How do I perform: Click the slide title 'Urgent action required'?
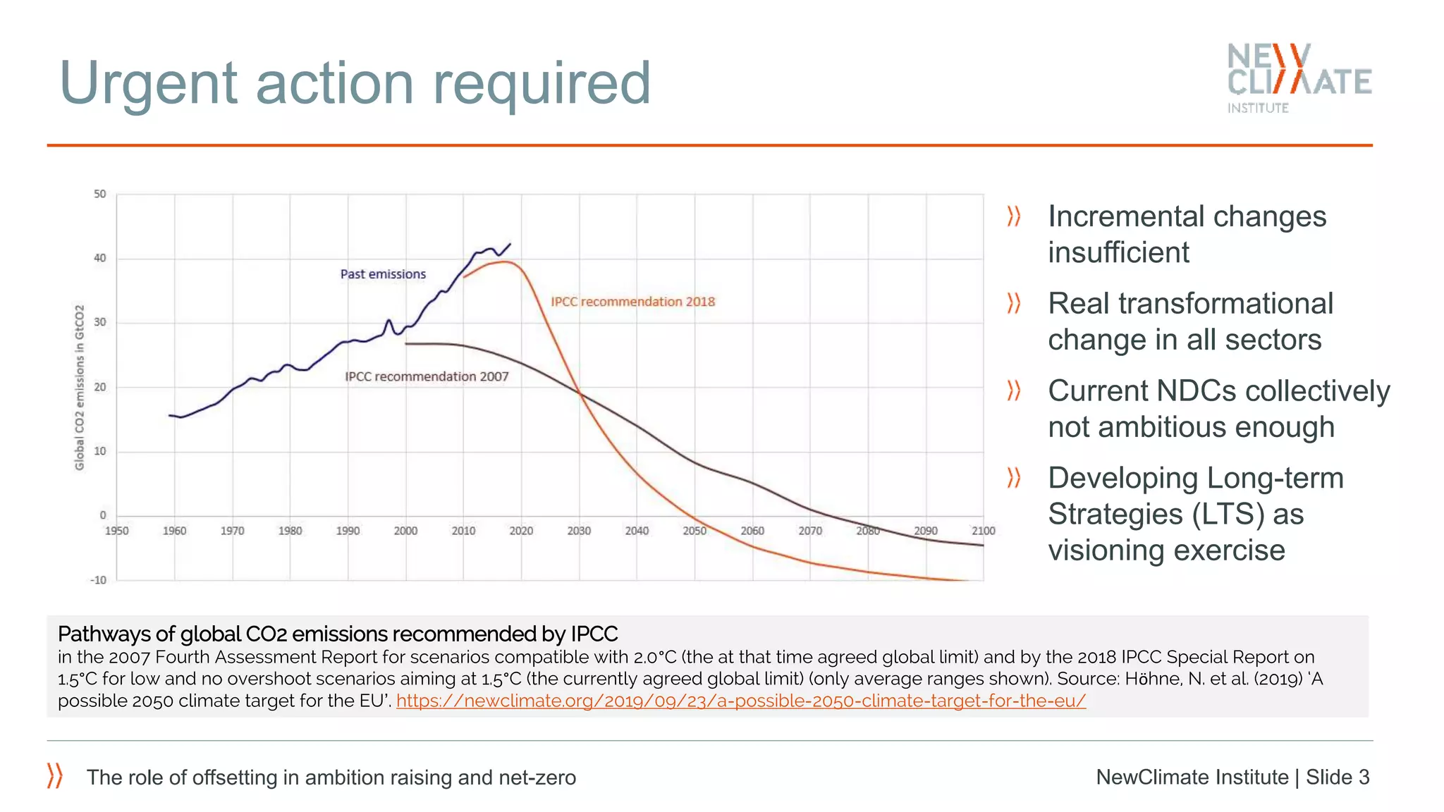coord(355,83)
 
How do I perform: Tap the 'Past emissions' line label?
coord(383,274)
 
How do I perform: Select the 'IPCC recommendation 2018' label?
coord(632,302)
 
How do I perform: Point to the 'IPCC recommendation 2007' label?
coord(427,376)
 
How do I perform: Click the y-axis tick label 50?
coord(100,194)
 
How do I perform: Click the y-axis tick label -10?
coord(98,580)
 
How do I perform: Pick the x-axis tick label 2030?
coord(579,531)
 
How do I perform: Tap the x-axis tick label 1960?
coord(174,531)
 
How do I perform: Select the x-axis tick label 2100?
coord(983,531)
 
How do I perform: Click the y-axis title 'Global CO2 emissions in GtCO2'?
coord(80,387)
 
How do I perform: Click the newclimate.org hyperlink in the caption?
coord(740,701)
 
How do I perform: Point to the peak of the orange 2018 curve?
coord(505,262)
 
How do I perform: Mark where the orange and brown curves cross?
coord(580,393)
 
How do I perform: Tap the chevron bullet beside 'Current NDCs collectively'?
coord(1014,390)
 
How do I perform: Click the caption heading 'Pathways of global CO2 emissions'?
coord(338,634)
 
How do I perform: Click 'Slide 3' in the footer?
coord(1337,777)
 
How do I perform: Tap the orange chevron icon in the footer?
coord(55,775)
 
